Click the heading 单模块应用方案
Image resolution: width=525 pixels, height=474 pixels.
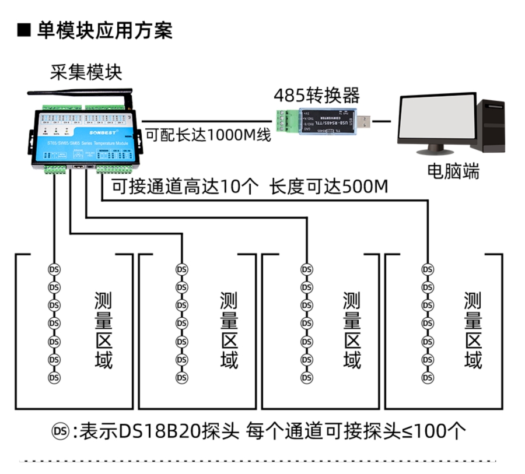click(105, 30)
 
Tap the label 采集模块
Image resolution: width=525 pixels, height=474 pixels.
click(86, 72)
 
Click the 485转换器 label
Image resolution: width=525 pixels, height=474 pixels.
click(317, 94)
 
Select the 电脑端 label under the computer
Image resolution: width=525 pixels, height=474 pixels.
click(453, 171)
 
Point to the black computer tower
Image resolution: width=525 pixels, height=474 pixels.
click(490, 125)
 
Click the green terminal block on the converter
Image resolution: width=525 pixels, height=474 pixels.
click(287, 121)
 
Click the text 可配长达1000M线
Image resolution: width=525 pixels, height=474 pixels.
click(208, 135)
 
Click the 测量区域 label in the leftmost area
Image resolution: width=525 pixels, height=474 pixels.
click(103, 330)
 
